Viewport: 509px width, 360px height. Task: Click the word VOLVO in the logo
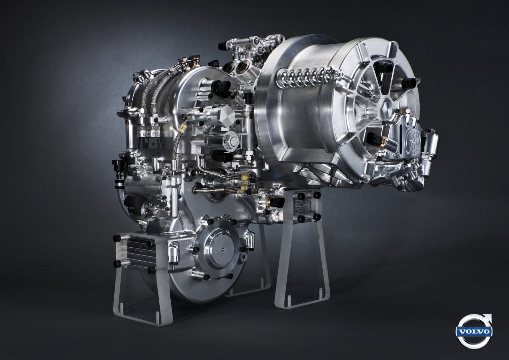[474, 332]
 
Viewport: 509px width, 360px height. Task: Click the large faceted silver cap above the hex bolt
[227, 114]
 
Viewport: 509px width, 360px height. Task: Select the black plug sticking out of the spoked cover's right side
[410, 83]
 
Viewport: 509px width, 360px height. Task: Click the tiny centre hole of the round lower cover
[223, 249]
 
